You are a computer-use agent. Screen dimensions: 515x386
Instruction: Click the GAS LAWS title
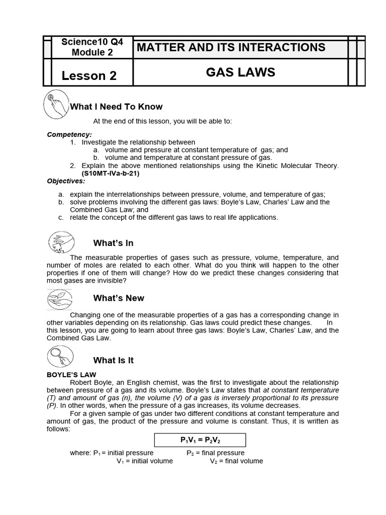click(240, 72)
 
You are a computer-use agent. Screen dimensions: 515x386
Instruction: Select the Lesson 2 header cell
click(89, 75)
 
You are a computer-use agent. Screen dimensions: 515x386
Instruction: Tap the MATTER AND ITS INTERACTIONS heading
click(231, 48)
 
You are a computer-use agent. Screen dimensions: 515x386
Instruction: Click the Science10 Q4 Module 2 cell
click(89, 47)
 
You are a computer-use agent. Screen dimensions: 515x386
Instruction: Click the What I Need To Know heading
click(116, 107)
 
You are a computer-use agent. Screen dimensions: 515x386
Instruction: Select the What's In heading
click(113, 243)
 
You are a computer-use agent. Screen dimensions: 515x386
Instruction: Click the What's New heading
click(119, 298)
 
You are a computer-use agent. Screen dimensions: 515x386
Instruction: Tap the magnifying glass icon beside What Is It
click(59, 357)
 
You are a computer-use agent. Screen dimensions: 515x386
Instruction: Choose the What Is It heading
click(113, 361)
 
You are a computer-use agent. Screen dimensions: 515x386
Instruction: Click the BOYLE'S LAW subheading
click(71, 375)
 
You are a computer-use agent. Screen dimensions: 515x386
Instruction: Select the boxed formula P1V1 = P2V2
click(200, 440)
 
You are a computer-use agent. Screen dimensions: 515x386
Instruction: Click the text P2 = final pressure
click(216, 453)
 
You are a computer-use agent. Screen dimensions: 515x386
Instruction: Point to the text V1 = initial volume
click(145, 461)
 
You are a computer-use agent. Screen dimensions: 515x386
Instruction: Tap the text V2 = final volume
click(236, 461)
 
